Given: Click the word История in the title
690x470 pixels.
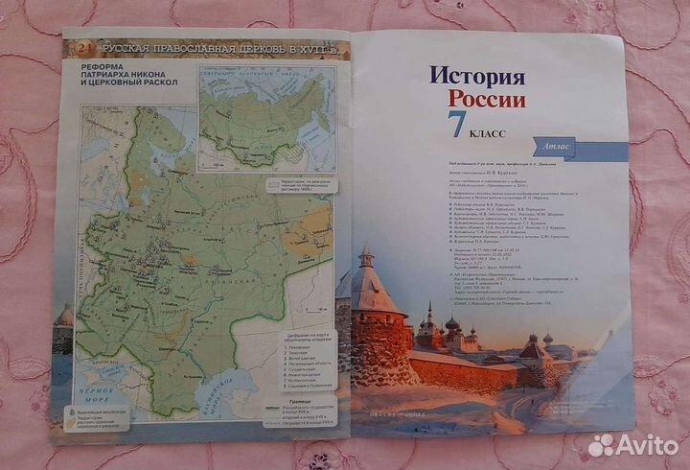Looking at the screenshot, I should [x=476, y=76].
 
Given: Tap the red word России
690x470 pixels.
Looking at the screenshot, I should [x=487, y=100].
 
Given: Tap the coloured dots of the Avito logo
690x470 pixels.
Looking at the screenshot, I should [x=601, y=444].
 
